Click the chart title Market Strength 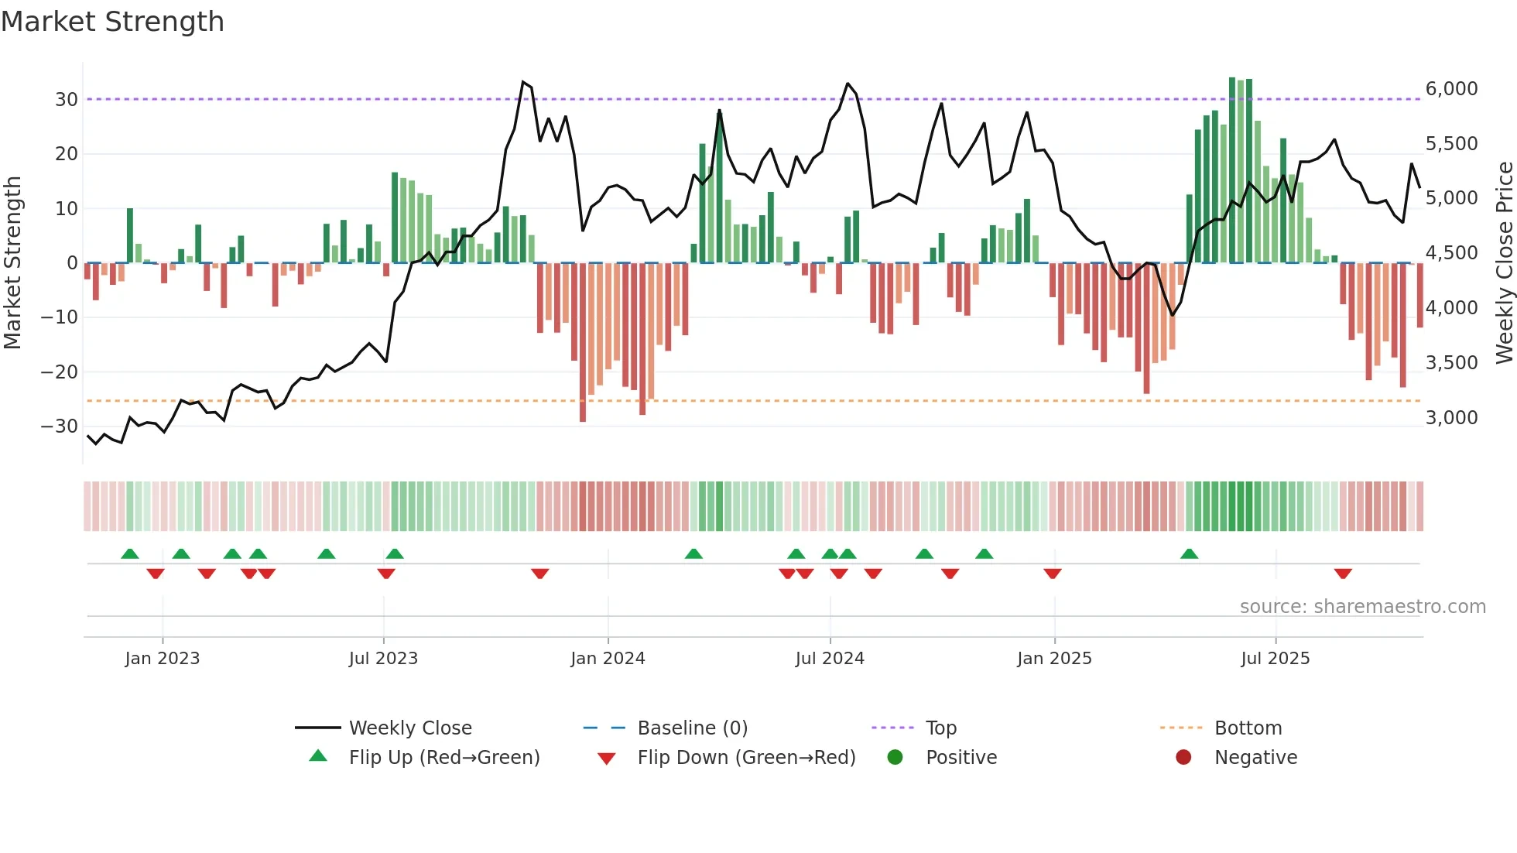[x=112, y=22]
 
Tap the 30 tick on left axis [x=66, y=100]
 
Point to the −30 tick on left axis [x=60, y=426]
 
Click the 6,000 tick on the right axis [x=1451, y=89]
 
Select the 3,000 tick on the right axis [x=1451, y=418]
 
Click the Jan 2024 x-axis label [x=608, y=659]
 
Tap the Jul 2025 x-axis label [x=1275, y=659]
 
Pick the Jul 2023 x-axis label [x=383, y=659]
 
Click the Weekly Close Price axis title [x=1504, y=263]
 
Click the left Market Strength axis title [x=12, y=263]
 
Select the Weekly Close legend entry [x=409, y=728]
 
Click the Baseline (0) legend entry [x=692, y=728]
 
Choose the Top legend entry [x=940, y=728]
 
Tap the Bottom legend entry [x=1248, y=728]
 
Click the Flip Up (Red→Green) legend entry [x=443, y=758]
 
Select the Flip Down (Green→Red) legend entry [x=746, y=758]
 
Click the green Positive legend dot [x=895, y=758]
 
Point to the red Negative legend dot [x=1183, y=758]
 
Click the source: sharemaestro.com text [x=1362, y=607]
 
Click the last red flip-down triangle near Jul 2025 [x=1343, y=574]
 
